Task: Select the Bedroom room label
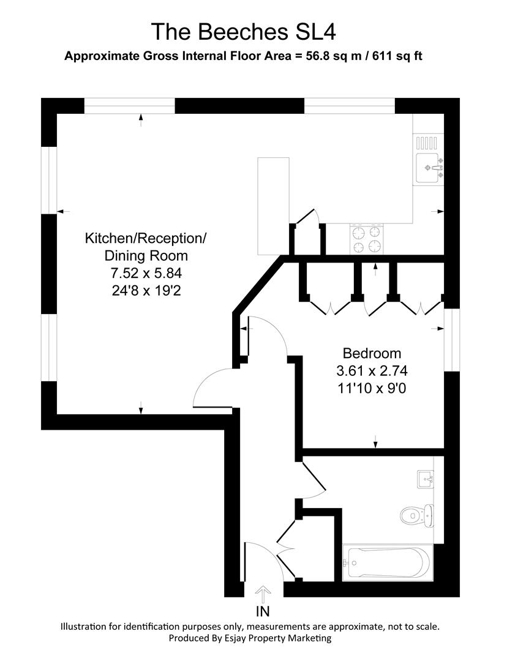point(372,353)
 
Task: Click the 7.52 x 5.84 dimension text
point(145,273)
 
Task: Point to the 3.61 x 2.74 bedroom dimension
point(372,370)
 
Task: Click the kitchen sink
point(429,168)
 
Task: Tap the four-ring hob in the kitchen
point(366,239)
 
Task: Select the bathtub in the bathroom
point(387,561)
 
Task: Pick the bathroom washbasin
point(426,479)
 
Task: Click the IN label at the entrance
point(263,611)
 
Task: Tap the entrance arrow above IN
point(263,593)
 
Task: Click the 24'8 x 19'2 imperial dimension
point(145,290)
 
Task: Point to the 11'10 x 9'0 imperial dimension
point(372,387)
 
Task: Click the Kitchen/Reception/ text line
point(145,237)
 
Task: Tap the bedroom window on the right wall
point(451,340)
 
